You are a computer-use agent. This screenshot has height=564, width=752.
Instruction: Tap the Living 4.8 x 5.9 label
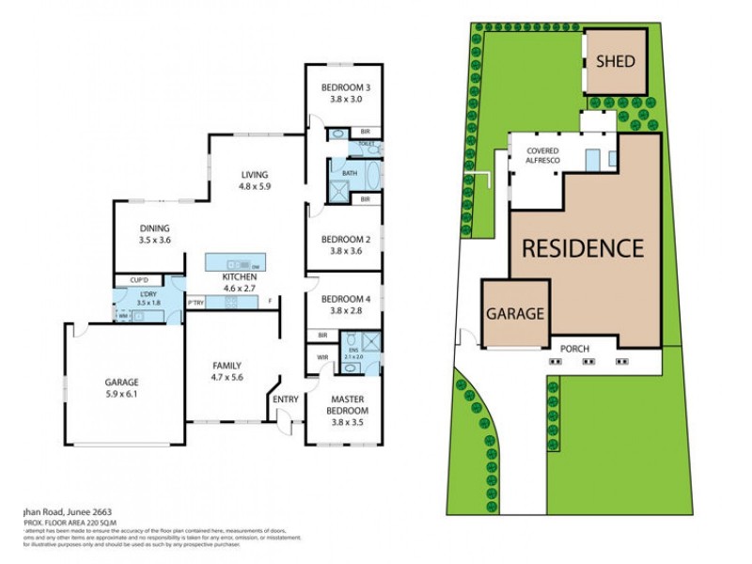(255, 180)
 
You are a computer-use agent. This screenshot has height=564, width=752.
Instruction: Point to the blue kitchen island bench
(234, 262)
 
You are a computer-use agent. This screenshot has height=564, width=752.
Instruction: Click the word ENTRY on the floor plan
(286, 399)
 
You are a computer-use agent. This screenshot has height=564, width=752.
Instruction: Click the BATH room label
(350, 173)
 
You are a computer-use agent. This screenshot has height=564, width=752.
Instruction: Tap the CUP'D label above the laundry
(140, 280)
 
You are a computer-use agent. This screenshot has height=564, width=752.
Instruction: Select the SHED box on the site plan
(616, 62)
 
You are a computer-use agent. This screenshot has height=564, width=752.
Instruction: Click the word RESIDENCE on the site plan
(583, 248)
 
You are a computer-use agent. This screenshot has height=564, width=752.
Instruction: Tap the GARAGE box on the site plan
(515, 314)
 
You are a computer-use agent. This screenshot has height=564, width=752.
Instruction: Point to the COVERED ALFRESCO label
(543, 156)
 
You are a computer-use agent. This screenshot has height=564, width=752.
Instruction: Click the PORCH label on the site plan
(574, 350)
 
